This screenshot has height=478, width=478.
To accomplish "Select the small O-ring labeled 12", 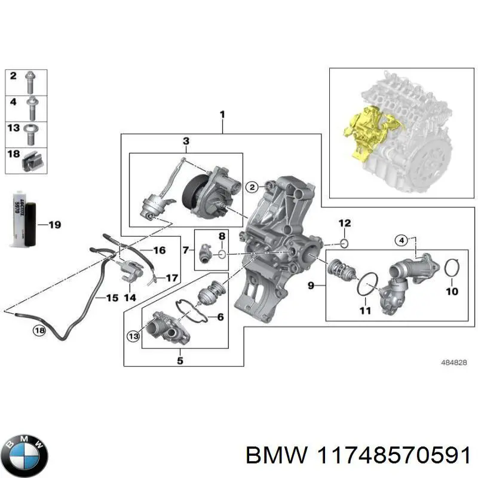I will click(344, 243).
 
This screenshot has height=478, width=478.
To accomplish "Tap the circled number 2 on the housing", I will click(252, 187).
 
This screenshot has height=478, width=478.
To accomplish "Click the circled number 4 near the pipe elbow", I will click(402, 241).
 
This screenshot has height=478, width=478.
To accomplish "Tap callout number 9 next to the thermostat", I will click(311, 286).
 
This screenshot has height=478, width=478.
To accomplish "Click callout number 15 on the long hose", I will click(112, 297).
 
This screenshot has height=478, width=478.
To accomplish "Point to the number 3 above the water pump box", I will click(186, 141).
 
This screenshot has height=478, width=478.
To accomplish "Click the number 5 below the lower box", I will click(181, 360).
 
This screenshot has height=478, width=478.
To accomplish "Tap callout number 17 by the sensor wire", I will click(171, 278).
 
